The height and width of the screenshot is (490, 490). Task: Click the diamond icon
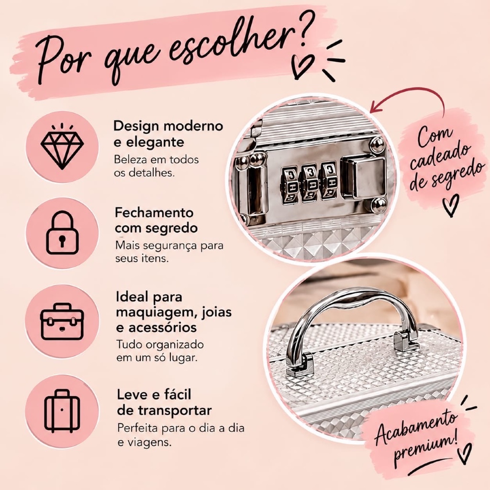coord(62,146)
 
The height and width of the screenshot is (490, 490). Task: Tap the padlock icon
coord(62,233)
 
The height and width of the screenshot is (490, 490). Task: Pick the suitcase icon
coord(62,411)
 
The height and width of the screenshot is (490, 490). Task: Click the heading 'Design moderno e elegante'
coord(168,134)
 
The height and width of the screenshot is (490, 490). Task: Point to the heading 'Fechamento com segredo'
coord(156,220)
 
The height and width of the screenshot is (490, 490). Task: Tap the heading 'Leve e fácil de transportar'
coord(165,402)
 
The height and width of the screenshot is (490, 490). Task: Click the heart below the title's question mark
coord(302,66)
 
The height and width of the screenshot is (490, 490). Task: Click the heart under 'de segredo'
coord(451,205)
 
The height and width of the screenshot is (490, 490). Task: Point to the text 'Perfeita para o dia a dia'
coord(180,428)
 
